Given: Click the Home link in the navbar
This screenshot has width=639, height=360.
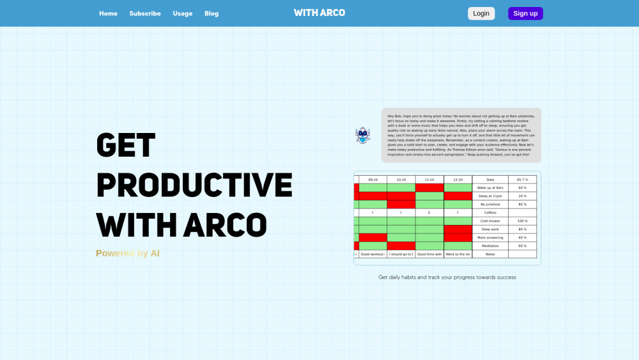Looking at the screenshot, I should [108, 13].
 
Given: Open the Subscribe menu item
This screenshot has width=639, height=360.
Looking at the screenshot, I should [145, 13].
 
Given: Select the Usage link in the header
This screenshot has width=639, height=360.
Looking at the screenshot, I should [182, 13].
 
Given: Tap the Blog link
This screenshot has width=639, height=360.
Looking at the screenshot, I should [212, 13].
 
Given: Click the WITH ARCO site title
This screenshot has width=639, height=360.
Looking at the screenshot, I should [319, 13].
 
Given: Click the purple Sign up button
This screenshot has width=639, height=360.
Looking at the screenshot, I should [525, 13].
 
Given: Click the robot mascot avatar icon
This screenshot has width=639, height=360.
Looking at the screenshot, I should [363, 135].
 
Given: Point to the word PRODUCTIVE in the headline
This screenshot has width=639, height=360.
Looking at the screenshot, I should [194, 185].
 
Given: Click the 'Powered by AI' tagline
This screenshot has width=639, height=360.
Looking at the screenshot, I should [128, 253].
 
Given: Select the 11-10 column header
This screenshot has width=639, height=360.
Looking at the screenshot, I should [429, 180].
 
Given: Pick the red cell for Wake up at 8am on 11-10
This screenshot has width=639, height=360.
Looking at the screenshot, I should [429, 188].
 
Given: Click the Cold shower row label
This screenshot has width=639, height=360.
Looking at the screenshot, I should [490, 221].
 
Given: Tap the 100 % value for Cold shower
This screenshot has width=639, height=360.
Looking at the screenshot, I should [522, 221].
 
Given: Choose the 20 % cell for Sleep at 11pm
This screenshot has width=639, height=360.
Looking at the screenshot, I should [522, 196].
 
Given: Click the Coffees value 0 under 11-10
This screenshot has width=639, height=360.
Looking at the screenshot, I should [429, 212].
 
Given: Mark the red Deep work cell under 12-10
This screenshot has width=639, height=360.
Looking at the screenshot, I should [458, 229].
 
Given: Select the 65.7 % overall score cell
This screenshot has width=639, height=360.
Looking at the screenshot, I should [522, 180].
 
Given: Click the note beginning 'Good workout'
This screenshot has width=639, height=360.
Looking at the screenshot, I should [373, 254].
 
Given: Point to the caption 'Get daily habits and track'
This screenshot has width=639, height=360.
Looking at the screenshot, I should [447, 278].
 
